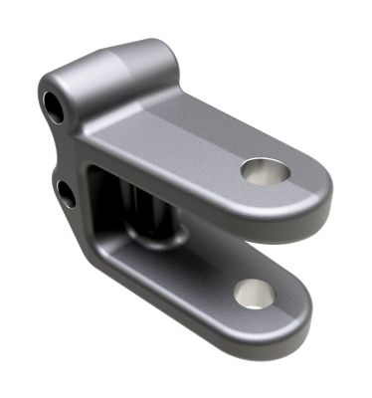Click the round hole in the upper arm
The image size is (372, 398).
[265, 171]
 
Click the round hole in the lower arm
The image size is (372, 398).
[255, 293]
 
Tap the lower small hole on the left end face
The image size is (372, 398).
[66, 191]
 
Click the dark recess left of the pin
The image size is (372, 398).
[104, 199]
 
